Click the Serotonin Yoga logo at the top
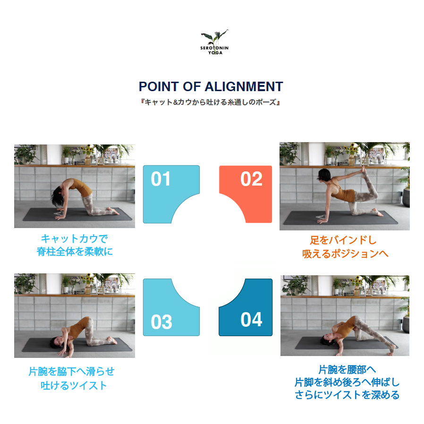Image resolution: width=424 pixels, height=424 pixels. coord(214,42)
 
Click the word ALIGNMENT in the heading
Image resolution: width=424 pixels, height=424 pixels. coord(244,87)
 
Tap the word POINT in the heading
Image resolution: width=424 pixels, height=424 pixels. coord(159,87)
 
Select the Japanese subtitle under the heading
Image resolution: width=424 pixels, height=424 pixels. coord(211,102)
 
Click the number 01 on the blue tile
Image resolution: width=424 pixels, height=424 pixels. coord(161,179)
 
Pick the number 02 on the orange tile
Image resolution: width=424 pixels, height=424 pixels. coord(251,179)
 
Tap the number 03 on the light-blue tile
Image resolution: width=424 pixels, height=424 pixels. coord(161,322)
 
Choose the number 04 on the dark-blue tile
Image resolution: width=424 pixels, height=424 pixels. coord(251,319)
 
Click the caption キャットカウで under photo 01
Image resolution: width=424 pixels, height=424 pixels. coord(74,238)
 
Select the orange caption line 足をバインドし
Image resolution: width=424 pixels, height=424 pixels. coord(343,240)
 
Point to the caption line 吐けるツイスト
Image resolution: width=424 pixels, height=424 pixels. coord(74,385)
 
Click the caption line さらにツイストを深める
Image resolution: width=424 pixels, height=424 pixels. coord(347,395)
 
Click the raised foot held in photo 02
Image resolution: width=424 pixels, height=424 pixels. coord(362,170)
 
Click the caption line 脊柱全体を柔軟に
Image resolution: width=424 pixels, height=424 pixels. coord(75,252)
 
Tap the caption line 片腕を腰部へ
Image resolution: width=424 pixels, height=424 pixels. coord(347,369)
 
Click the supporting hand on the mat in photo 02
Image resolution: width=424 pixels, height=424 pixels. coord(322,221)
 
